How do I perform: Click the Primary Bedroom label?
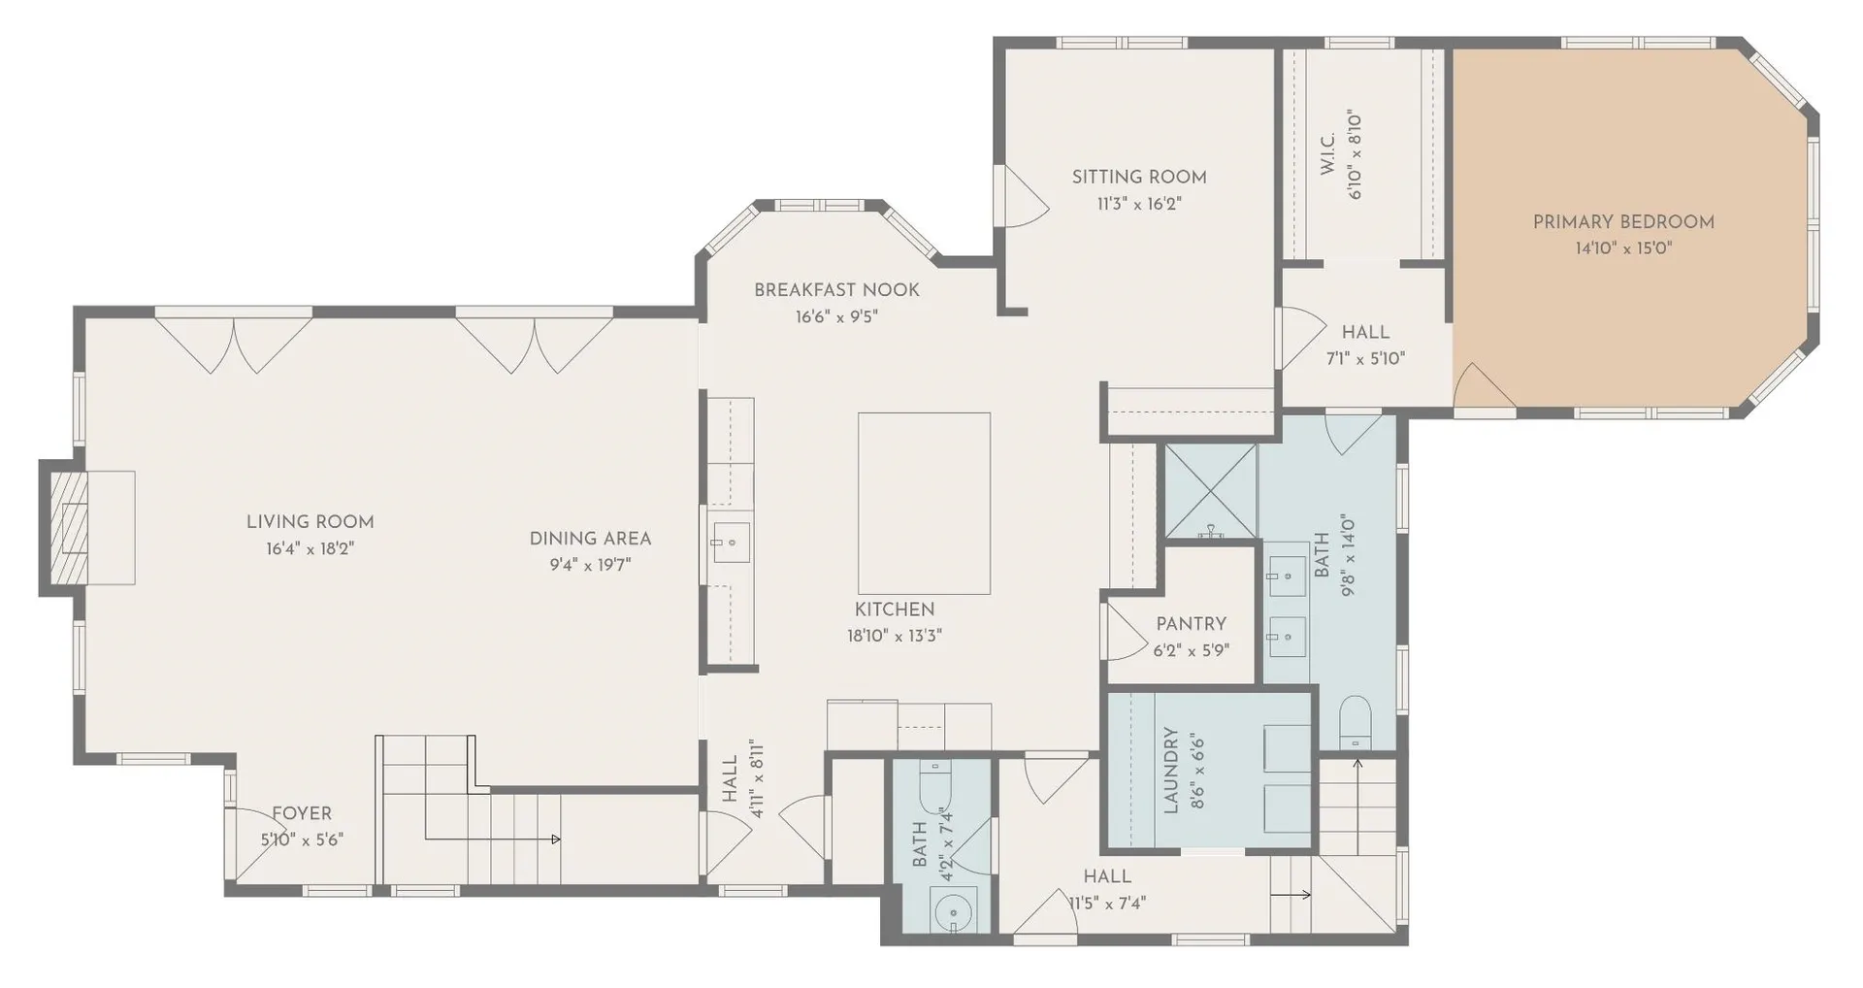pyautogui.click(x=1623, y=222)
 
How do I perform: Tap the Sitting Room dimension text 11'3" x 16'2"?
pyautogui.click(x=1139, y=204)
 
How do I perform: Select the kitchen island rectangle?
pyautogui.click(x=924, y=503)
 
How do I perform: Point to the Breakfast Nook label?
pyautogui.click(x=836, y=290)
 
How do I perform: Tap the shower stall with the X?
pyautogui.click(x=1210, y=491)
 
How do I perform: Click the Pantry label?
pyautogui.click(x=1191, y=624)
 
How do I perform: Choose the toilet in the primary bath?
pyautogui.click(x=1355, y=722)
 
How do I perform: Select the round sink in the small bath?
pyautogui.click(x=951, y=912)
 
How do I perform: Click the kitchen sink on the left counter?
pyautogui.click(x=731, y=542)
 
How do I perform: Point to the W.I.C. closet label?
pyautogui.click(x=1327, y=153)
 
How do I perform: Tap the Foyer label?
pyautogui.click(x=302, y=813)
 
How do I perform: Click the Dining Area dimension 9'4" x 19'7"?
pyautogui.click(x=590, y=565)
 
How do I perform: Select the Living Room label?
pyautogui.click(x=310, y=522)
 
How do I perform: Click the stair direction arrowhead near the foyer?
pyautogui.click(x=556, y=839)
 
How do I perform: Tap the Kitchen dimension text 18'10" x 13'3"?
pyautogui.click(x=895, y=637)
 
